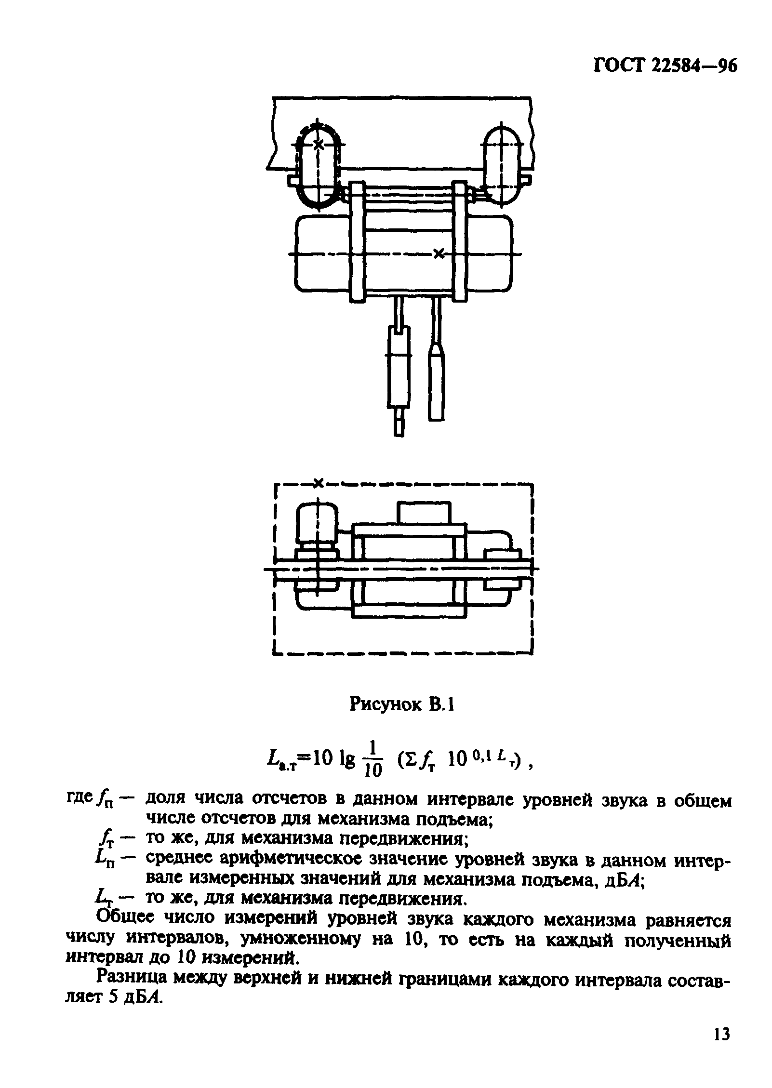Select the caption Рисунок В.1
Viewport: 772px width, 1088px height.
click(402, 705)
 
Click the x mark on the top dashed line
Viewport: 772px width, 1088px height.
click(318, 482)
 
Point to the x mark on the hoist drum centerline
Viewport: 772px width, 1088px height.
click(438, 253)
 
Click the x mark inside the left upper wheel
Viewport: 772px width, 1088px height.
click(318, 143)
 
